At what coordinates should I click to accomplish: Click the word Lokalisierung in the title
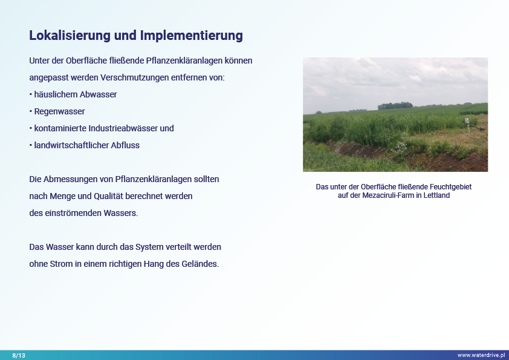[x=70, y=36]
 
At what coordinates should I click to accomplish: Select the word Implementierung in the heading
[x=191, y=36]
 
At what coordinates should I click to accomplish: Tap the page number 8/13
[x=19, y=355]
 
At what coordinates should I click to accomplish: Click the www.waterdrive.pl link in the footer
[x=481, y=355]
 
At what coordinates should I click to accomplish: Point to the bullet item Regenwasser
[x=59, y=111]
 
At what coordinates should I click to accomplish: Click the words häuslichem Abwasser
[x=76, y=94]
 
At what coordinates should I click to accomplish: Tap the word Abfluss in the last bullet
[x=125, y=145]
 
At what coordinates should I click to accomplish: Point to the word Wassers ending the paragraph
[x=121, y=213]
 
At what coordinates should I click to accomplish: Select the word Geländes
[x=200, y=264]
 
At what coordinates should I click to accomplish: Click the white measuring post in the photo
[x=467, y=125]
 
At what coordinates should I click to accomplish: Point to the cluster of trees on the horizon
[x=395, y=106]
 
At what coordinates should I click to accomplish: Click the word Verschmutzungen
[x=135, y=77]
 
